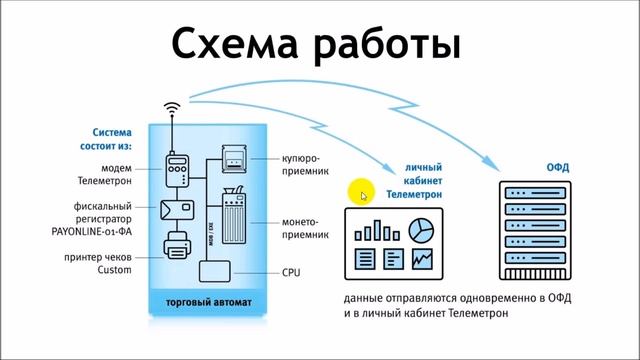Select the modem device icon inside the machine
[179, 171]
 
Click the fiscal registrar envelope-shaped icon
[179, 210]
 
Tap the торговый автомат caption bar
[208, 303]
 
